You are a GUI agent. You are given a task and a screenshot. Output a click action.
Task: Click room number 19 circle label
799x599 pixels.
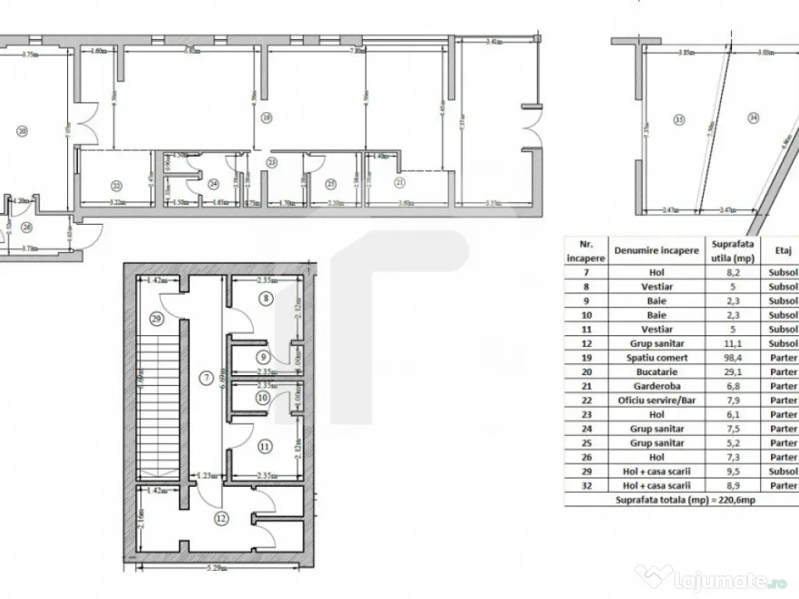click(266, 119)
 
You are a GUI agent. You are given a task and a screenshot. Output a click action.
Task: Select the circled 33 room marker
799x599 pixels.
click(679, 119)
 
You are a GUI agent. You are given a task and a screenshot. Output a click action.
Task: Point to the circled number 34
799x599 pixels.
click(753, 119)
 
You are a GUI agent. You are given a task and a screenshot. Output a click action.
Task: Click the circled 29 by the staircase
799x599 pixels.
click(158, 321)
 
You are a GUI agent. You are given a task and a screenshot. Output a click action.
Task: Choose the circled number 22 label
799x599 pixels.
click(116, 185)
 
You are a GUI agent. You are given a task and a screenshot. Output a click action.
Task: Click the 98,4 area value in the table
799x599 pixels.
click(732, 357)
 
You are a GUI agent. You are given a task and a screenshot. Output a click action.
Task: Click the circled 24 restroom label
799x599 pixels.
click(214, 184)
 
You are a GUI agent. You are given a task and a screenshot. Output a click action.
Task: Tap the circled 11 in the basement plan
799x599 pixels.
click(265, 447)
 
